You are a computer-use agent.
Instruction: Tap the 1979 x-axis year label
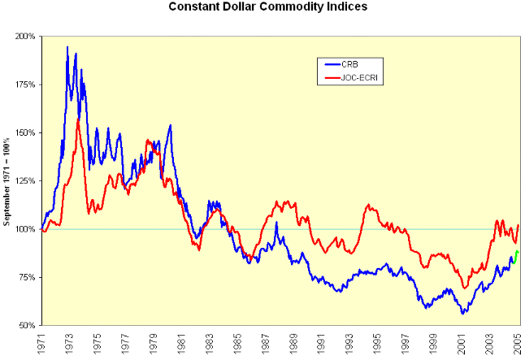point(154,342)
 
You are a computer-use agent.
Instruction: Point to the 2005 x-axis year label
point(518,342)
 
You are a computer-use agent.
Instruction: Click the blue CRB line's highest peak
point(67,47)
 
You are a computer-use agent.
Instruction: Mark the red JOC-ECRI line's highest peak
point(78,119)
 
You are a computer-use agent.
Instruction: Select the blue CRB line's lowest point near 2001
point(462,313)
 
